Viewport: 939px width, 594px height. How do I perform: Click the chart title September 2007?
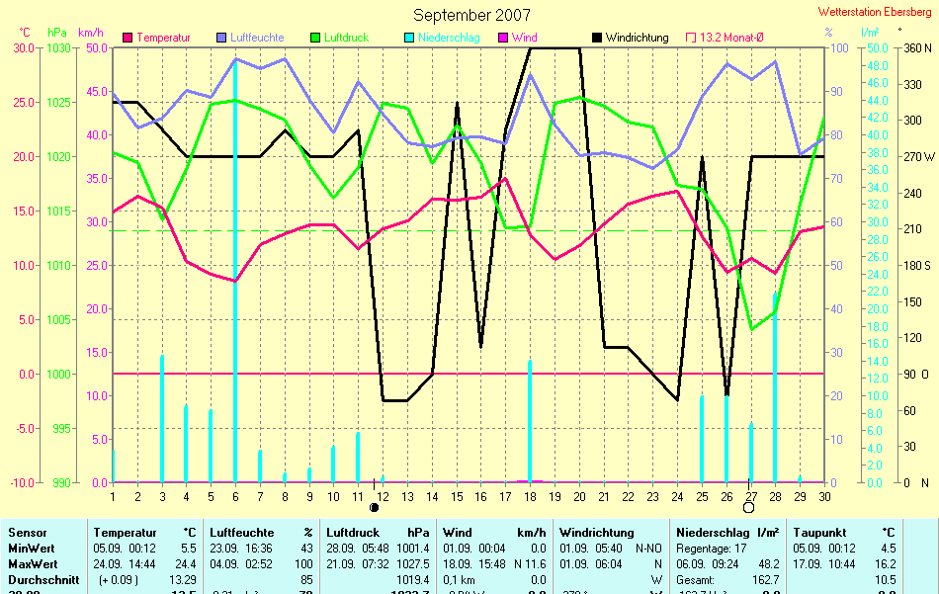tap(471, 15)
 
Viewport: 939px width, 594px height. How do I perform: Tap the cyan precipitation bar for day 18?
tap(530, 421)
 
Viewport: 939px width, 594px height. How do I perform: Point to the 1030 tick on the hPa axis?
tap(59, 47)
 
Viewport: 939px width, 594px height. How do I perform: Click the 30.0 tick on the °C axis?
tap(25, 47)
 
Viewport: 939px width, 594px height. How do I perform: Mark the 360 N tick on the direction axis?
tap(918, 47)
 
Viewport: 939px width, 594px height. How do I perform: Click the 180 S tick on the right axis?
tap(918, 265)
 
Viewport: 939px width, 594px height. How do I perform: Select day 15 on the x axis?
tap(457, 496)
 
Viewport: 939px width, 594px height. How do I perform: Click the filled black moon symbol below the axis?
tap(375, 508)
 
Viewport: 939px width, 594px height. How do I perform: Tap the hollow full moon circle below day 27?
tap(748, 508)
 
